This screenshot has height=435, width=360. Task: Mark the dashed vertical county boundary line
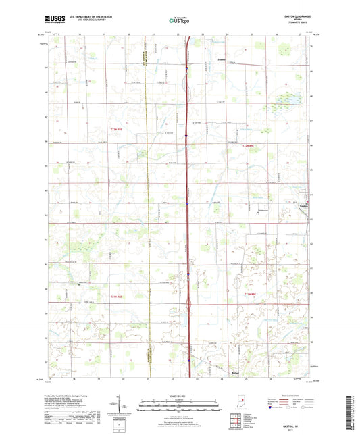(x=147, y=203)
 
